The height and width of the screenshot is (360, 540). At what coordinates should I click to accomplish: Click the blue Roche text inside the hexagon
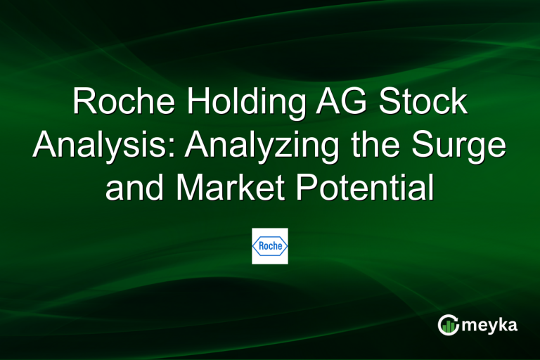pyautogui.click(x=270, y=246)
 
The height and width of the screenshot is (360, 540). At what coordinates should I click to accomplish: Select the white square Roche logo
pyautogui.click(x=270, y=246)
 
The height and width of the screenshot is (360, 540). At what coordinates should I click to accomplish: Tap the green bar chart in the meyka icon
pyautogui.click(x=447, y=326)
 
